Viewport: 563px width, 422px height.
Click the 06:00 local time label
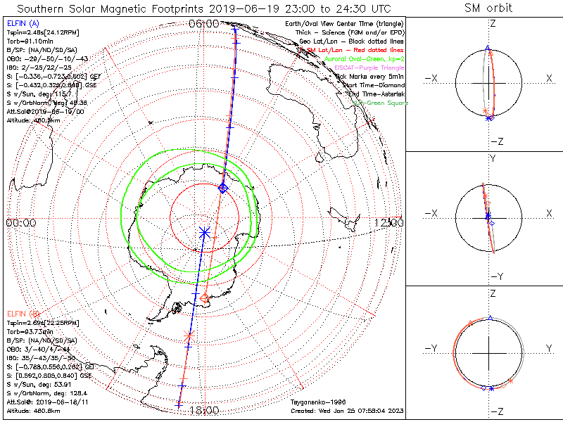[204, 23]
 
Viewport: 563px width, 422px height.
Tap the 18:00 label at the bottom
[204, 411]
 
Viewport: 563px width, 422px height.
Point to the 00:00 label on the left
[21, 222]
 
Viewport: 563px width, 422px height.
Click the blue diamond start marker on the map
[223, 188]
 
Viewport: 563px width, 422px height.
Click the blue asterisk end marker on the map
[205, 231]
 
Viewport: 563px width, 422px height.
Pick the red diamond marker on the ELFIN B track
[204, 298]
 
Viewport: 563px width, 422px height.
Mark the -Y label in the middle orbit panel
[495, 276]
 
